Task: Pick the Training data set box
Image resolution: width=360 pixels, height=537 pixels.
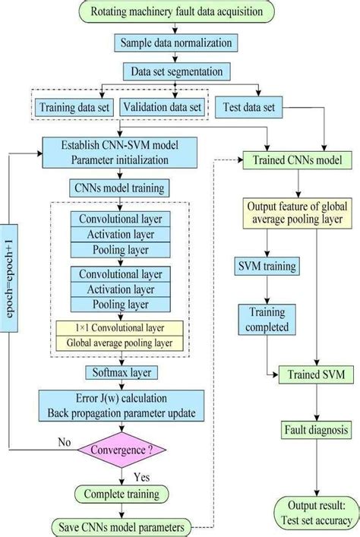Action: tap(74, 107)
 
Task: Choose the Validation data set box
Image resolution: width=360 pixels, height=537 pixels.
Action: tap(163, 107)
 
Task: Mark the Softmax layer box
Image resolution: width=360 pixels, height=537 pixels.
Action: tap(122, 373)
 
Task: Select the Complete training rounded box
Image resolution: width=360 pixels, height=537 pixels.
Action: tap(122, 494)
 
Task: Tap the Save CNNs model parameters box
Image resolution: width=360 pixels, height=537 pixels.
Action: tap(122, 526)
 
